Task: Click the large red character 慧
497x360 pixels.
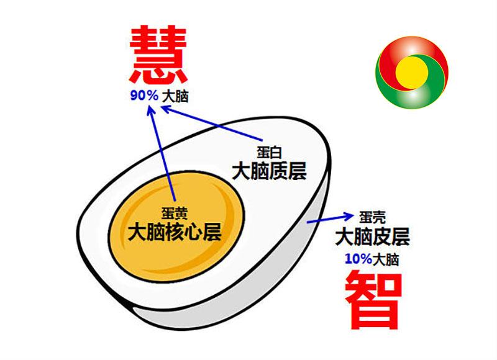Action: pyautogui.click(x=159, y=56)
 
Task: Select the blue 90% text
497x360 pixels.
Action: pyautogui.click(x=144, y=96)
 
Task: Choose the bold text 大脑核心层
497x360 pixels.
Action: pyautogui.click(x=175, y=232)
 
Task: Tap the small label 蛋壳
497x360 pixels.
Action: pyautogui.click(x=373, y=218)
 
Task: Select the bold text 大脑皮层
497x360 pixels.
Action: pyautogui.click(x=372, y=236)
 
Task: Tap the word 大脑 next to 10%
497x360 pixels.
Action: pyautogui.click(x=386, y=259)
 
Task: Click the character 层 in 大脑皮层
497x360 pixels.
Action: pyautogui.click(x=400, y=236)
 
